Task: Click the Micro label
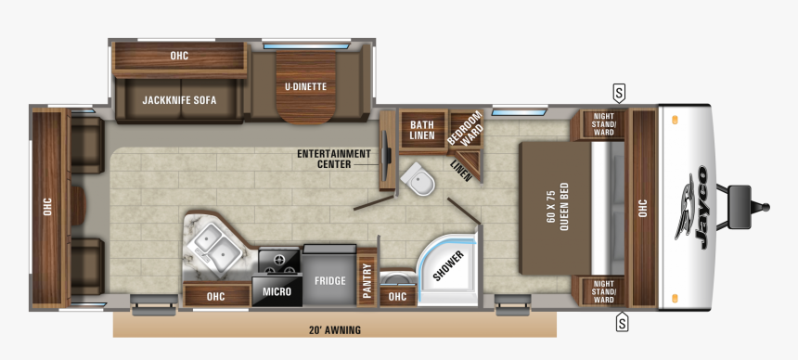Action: (277, 292)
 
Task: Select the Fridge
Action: (329, 280)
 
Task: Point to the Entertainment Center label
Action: (333, 159)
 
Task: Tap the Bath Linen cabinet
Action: (422, 130)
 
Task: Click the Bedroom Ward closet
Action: (464, 131)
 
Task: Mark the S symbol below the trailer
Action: (622, 323)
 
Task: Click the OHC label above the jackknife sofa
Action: (179, 57)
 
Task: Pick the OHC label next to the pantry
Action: (397, 297)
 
